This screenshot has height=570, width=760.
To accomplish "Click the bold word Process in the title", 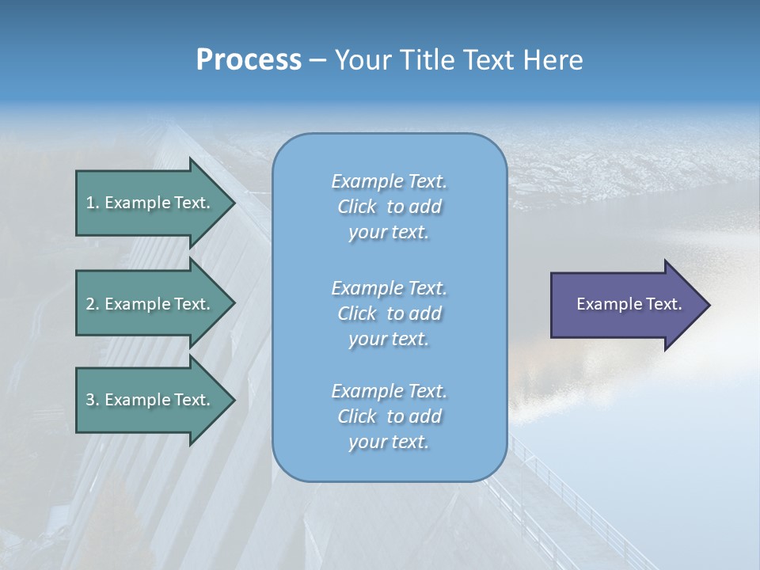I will pyautogui.click(x=249, y=60).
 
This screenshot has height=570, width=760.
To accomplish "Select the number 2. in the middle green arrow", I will pyautogui.click(x=92, y=304).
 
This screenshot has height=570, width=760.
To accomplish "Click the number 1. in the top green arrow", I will pyautogui.click(x=92, y=203).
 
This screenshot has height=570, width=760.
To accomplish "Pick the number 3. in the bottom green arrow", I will pyautogui.click(x=92, y=400).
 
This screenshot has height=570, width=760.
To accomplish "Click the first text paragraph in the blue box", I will pyautogui.click(x=389, y=207).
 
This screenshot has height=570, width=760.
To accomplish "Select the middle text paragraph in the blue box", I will pyautogui.click(x=389, y=313).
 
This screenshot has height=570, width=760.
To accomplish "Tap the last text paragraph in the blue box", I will pyautogui.click(x=389, y=416).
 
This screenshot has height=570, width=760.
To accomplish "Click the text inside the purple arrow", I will pyautogui.click(x=629, y=304).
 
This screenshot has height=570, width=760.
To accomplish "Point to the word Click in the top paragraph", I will pyautogui.click(x=357, y=207).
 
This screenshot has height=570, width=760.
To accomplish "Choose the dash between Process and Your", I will pyautogui.click(x=317, y=61).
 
